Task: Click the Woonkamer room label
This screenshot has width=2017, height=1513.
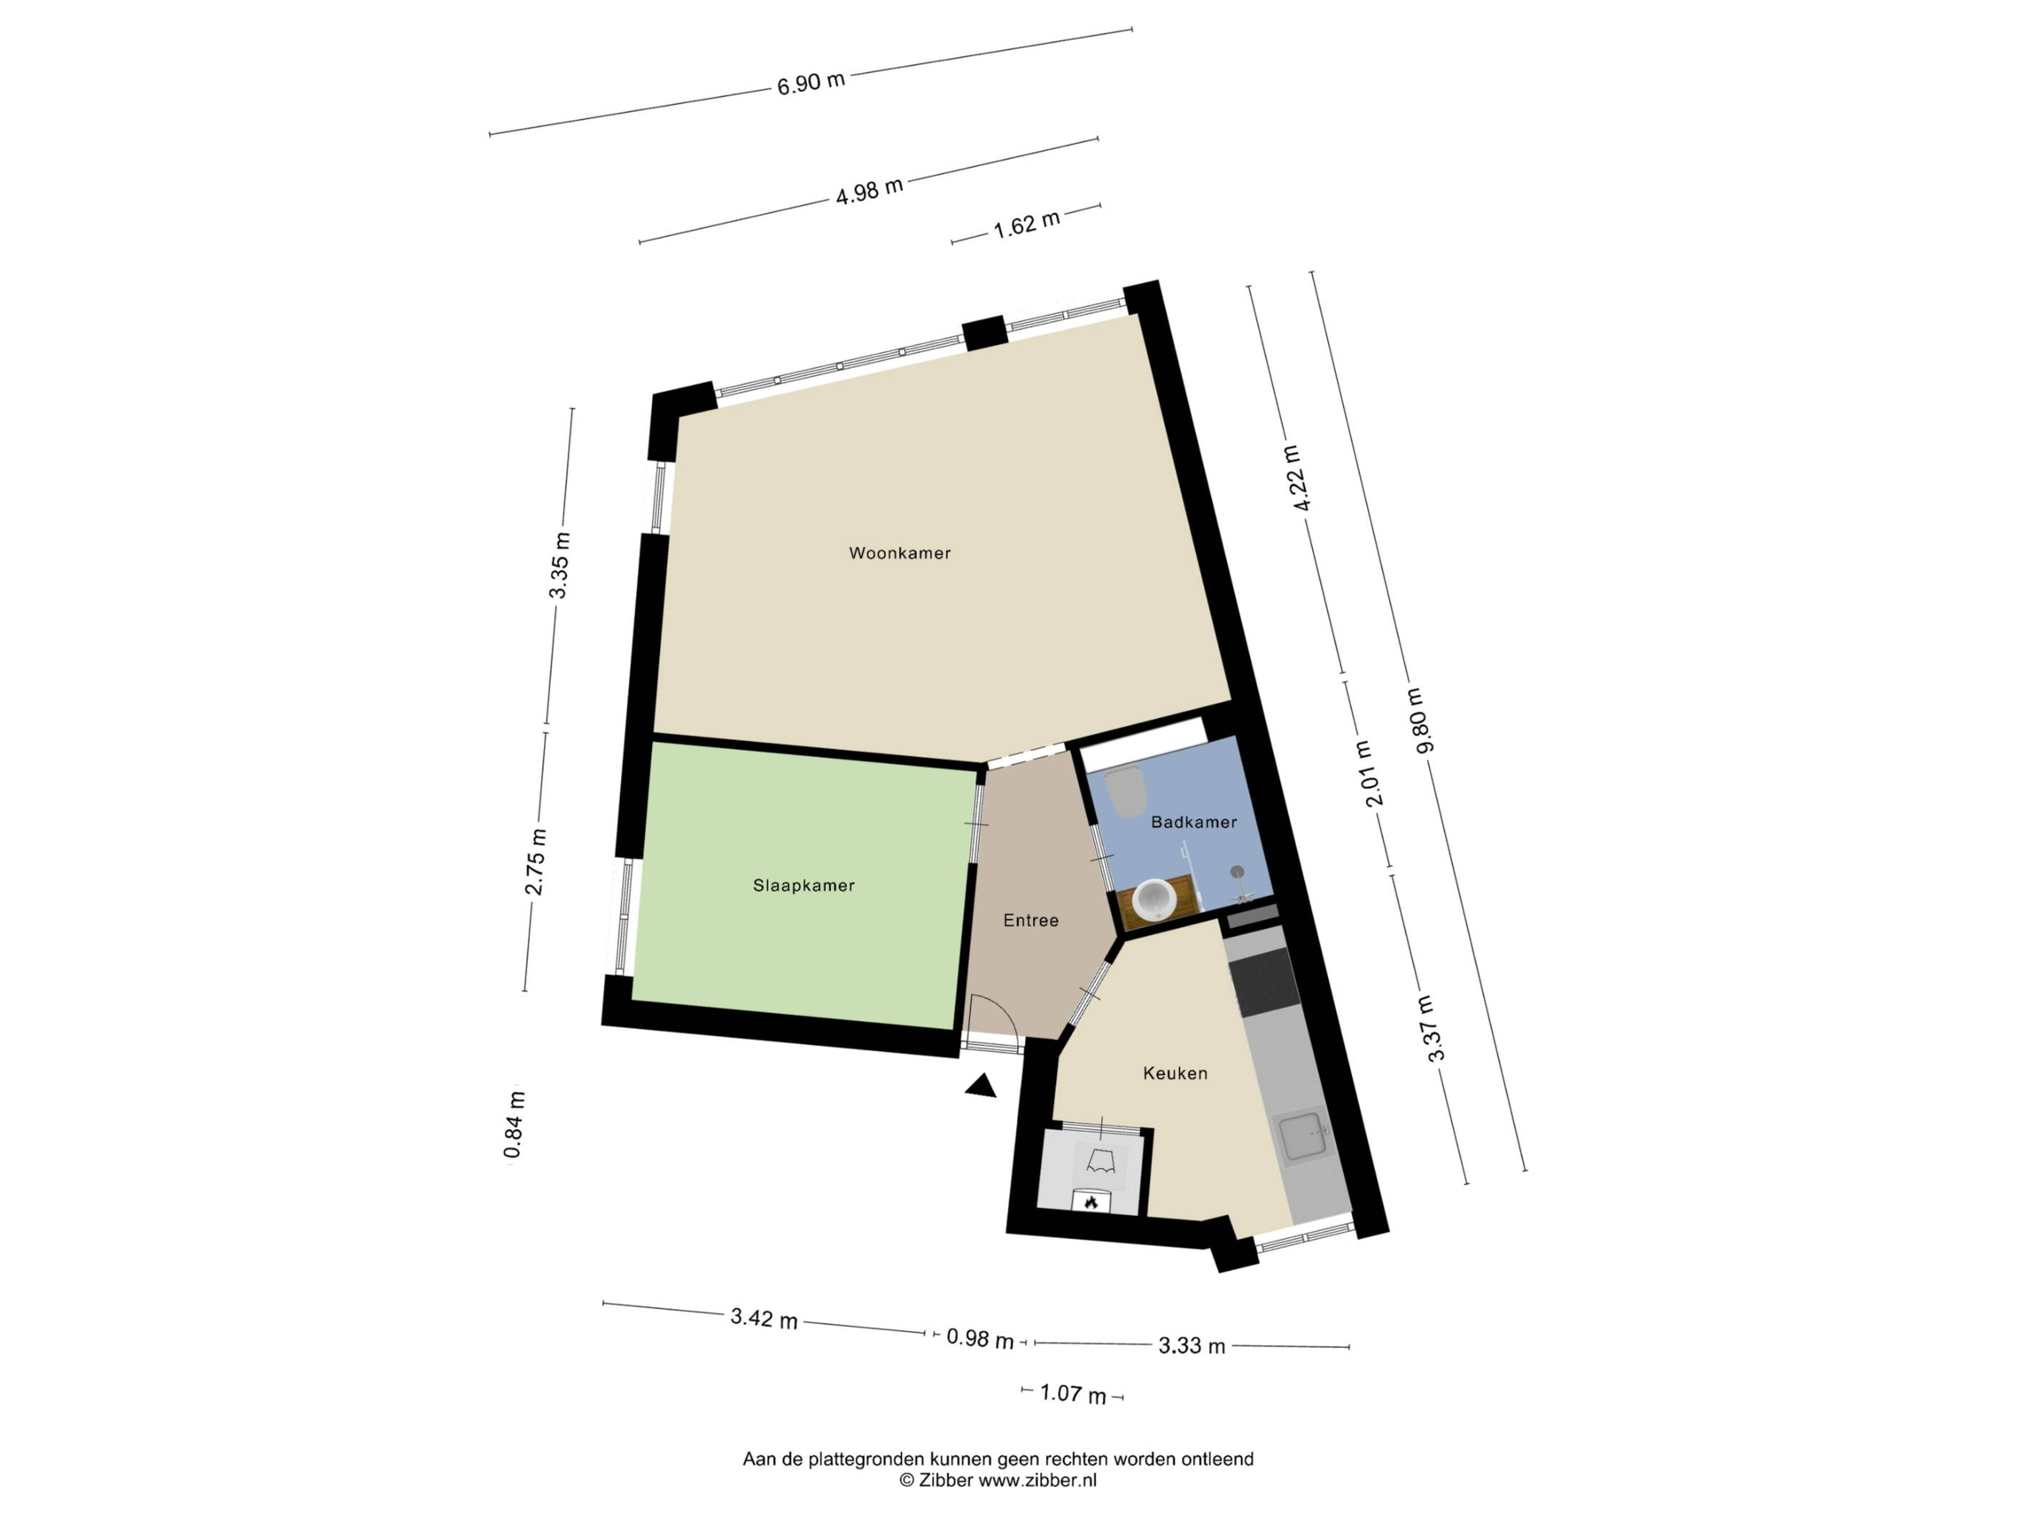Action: point(899,553)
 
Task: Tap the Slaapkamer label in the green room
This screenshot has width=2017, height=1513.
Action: point(803,886)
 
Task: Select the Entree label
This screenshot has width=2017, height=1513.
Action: point(1031,921)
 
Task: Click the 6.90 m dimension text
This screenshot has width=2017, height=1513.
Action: point(810,82)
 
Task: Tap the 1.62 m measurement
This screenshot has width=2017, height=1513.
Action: point(1027,223)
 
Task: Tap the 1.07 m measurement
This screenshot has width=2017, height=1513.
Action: point(1073,1394)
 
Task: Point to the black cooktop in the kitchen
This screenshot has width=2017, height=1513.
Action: point(1263,983)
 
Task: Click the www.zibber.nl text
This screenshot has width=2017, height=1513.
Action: point(1038,1480)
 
